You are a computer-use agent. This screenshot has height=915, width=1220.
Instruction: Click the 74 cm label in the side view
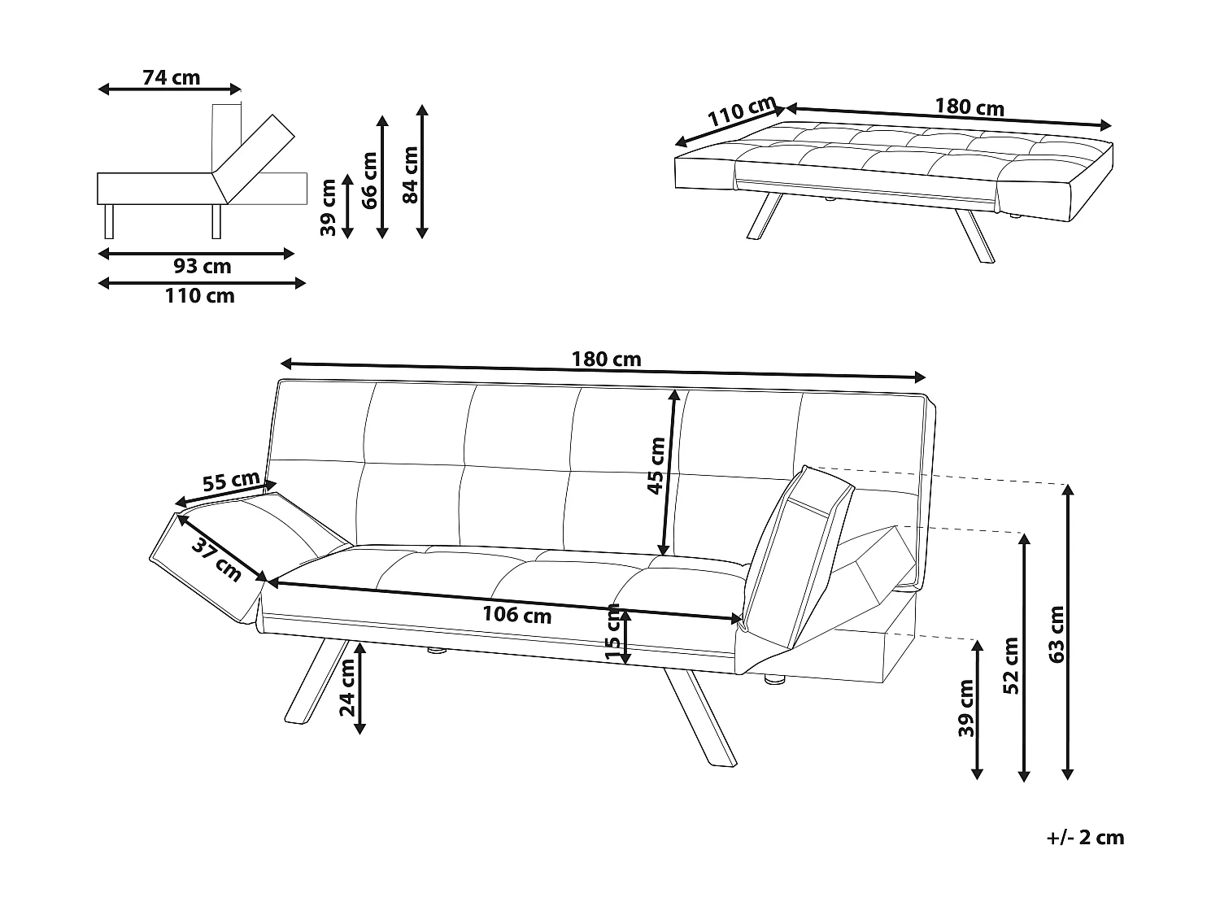click(x=171, y=78)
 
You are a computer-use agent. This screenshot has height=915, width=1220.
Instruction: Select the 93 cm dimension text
click(x=202, y=267)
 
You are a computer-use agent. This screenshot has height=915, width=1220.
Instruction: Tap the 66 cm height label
click(x=369, y=180)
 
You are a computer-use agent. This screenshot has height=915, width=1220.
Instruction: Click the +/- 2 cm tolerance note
click(x=1085, y=838)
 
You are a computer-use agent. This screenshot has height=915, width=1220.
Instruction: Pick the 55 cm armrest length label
click(x=230, y=481)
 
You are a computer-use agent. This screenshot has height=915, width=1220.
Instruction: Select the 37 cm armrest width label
click(x=216, y=559)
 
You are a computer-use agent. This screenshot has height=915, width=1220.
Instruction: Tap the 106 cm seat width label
click(x=516, y=615)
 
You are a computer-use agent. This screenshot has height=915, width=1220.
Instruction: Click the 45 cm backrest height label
click(x=656, y=465)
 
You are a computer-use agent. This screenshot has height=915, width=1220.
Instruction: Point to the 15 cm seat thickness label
click(x=613, y=633)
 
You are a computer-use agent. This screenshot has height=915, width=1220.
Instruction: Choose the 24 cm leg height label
click(x=347, y=686)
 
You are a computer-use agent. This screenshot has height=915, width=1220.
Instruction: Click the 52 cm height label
click(x=1010, y=665)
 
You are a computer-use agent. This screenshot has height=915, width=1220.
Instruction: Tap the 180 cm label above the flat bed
click(x=969, y=107)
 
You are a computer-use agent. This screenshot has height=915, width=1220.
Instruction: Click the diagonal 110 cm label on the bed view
click(x=739, y=112)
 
